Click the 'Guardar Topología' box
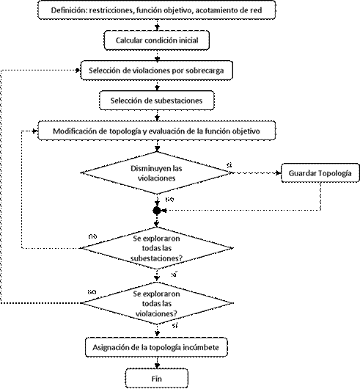317,173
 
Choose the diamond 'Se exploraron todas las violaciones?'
155,302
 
